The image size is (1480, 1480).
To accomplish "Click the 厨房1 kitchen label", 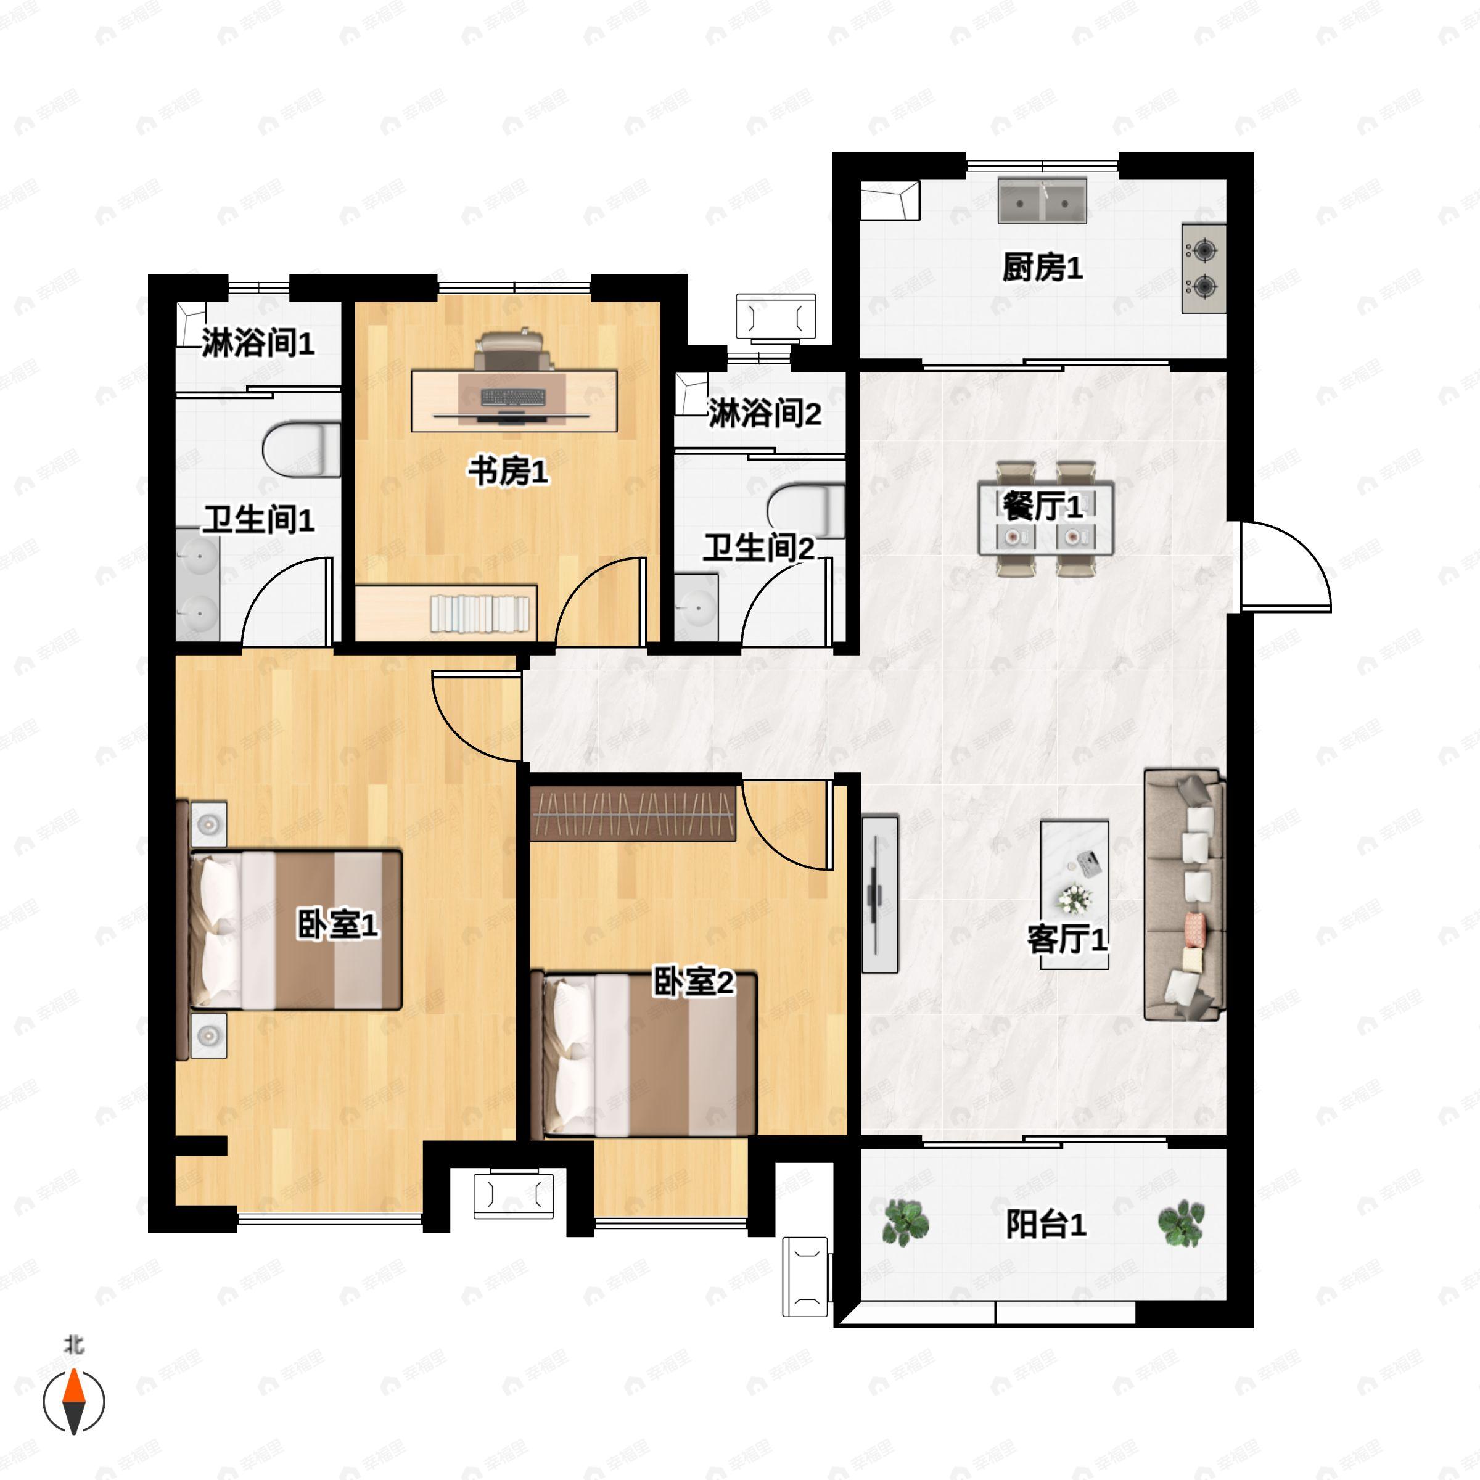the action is point(1043,268).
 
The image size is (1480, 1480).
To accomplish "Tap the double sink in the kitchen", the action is point(1042,202).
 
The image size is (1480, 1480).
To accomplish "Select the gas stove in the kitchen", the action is point(1204,268).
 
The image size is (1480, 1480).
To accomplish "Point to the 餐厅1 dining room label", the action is point(1043,506).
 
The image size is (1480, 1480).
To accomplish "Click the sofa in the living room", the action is point(1184,895).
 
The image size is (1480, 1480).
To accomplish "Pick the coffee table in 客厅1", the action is point(1075,895).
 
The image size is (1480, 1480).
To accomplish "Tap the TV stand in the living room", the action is point(880,894).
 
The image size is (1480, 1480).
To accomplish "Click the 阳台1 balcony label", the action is point(1046,1225).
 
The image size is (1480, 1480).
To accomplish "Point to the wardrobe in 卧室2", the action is point(633,813).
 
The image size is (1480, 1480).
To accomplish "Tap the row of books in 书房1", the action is point(480,614).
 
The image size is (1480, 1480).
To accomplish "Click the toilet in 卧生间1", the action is point(302,449).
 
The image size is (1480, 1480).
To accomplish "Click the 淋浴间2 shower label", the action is point(764,414).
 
